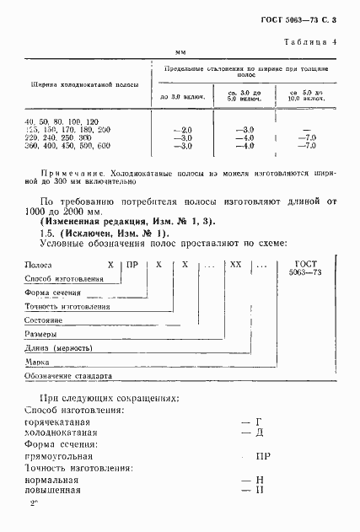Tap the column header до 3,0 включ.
pos(182,98)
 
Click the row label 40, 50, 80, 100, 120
pos(67,121)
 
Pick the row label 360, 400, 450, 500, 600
pos(67,146)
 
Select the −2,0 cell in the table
pos(182,130)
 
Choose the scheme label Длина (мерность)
pos(62,348)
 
